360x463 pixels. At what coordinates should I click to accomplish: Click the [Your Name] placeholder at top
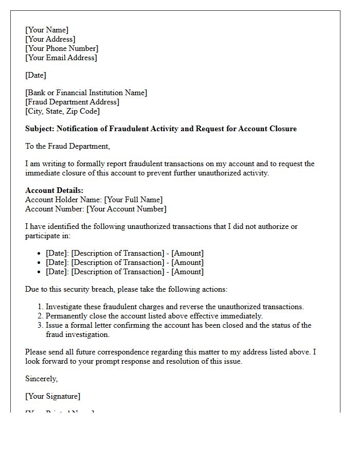click(x=47, y=30)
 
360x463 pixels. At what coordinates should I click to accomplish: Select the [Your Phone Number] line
click(x=62, y=48)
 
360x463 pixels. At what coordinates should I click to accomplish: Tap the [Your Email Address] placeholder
click(x=61, y=58)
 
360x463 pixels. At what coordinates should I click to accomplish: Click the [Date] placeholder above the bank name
click(x=35, y=75)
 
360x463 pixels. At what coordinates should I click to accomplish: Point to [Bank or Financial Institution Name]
click(x=86, y=93)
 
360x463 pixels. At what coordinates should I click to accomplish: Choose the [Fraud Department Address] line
click(x=72, y=102)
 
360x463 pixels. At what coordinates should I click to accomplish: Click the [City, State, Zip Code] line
click(x=62, y=111)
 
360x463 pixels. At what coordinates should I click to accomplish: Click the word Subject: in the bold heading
click(x=40, y=129)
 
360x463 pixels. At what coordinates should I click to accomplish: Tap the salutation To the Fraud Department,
click(x=67, y=146)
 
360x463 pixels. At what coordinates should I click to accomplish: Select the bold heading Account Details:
click(x=54, y=190)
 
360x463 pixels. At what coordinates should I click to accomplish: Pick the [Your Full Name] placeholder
click(x=133, y=200)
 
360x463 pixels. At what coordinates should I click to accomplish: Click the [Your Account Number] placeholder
click(x=126, y=209)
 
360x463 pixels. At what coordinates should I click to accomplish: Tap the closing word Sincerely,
click(x=42, y=379)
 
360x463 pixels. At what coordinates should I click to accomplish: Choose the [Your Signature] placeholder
click(x=52, y=396)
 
